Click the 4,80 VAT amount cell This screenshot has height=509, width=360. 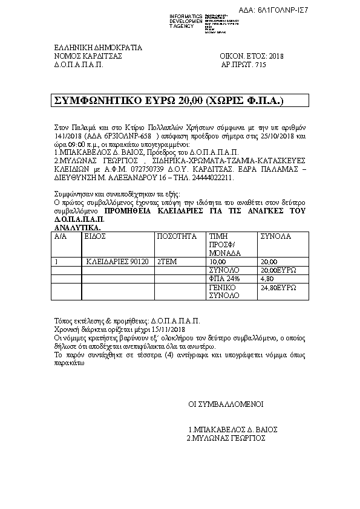[x=267, y=279]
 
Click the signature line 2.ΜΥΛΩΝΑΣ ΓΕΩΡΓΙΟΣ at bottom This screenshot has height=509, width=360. [x=226, y=438]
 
